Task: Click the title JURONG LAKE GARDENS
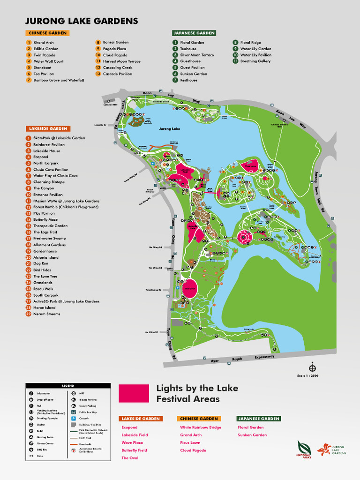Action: pos(82,21)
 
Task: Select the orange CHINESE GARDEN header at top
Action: pos(47,33)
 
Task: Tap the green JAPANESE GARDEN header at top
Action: pos(195,33)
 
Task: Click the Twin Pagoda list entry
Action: pos(44,55)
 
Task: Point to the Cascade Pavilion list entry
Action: pos(117,74)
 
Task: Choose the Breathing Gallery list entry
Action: pos(255,61)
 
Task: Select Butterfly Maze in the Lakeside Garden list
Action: pos(45,219)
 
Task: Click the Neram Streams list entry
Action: pos(46,314)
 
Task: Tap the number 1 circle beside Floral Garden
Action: pos(175,42)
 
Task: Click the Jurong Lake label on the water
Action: pos(169,128)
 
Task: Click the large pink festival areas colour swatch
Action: pos(134,393)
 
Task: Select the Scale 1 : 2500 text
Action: pos(308,375)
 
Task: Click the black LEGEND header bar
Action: pos(68,385)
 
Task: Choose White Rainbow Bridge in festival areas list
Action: pos(200,427)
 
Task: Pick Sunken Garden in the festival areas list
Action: pos(252,435)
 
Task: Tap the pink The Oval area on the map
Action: pos(190,288)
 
